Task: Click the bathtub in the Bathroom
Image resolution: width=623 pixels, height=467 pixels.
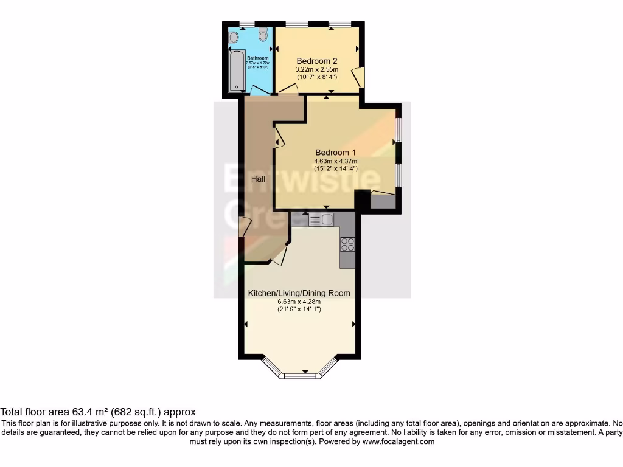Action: pos(235,71)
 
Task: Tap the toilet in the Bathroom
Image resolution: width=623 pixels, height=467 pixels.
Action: pos(263,35)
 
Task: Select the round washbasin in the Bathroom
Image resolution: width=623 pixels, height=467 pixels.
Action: pos(234,37)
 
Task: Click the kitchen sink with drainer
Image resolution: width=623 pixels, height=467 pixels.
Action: pos(322,220)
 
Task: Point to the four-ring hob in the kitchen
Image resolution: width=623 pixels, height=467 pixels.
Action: pos(348,244)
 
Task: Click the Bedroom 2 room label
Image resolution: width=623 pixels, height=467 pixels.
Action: pos(317,61)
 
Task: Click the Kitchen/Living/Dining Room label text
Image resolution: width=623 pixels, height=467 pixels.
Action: pos(299,293)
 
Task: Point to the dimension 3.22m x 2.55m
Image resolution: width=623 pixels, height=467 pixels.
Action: pos(317,70)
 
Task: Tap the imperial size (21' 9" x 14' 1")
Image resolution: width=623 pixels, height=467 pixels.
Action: pos(299,310)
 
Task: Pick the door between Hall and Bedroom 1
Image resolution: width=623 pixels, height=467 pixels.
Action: pos(279,141)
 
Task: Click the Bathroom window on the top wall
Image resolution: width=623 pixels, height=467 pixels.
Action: pos(247,24)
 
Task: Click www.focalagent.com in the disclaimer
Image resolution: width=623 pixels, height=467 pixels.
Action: pos(398,441)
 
